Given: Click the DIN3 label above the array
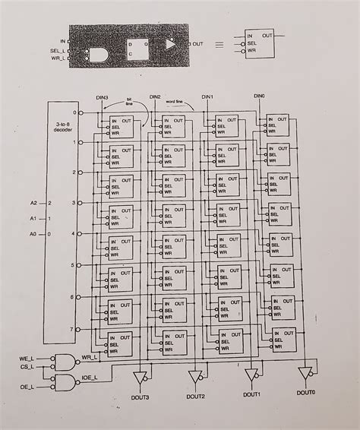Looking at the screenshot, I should tap(103, 97).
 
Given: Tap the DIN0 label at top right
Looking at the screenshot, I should tap(259, 96).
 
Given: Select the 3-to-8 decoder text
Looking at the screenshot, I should tap(63, 126).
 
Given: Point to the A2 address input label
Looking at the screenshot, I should tap(33, 204).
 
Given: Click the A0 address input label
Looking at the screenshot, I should tap(33, 234).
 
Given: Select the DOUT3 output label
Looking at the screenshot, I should tap(141, 397).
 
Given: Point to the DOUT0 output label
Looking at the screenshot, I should tap(306, 393).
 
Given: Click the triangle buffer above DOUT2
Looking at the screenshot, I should tap(195, 376).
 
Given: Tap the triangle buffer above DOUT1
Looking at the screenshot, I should tap(251, 374).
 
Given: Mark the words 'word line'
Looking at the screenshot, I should tap(176, 100).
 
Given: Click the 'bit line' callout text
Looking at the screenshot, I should tap(128, 101).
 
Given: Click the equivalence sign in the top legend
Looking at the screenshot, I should tap(220, 44).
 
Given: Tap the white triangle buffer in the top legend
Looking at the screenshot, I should tap(170, 44).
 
